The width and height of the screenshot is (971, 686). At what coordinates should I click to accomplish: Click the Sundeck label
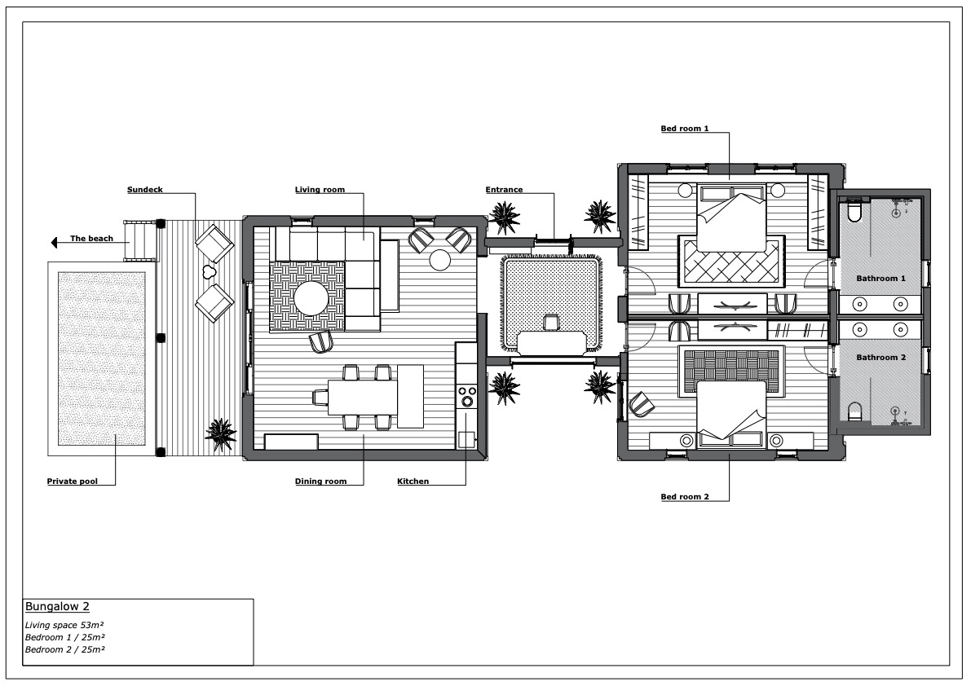[145, 190]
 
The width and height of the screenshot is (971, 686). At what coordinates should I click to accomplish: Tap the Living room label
[320, 190]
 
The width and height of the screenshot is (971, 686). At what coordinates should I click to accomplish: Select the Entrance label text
[504, 190]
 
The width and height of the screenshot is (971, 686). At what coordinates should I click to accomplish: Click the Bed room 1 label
[685, 129]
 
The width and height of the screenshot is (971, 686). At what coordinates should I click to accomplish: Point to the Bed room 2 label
[685, 497]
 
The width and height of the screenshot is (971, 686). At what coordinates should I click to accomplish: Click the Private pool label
[73, 482]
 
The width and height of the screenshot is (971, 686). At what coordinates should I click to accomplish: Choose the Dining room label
[320, 482]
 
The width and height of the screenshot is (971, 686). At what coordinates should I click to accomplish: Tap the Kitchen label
[413, 482]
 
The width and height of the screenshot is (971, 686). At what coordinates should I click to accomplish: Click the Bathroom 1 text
[881, 279]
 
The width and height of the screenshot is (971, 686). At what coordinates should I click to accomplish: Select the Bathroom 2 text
[881, 358]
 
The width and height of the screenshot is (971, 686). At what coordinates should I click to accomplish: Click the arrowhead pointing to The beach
[54, 243]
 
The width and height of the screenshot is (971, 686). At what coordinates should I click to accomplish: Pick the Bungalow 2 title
[57, 607]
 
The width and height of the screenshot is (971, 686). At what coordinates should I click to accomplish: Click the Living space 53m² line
[64, 625]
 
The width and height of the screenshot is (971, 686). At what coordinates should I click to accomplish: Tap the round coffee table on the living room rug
[311, 298]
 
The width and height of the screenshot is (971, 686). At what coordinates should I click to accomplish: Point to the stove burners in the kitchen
[467, 396]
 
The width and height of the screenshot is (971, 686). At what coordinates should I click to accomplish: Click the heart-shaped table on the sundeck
[208, 270]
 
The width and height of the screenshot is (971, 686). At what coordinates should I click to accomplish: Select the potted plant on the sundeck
[220, 434]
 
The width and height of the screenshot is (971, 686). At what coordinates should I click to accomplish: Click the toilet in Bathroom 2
[854, 411]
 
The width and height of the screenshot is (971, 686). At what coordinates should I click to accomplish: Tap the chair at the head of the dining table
[320, 397]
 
